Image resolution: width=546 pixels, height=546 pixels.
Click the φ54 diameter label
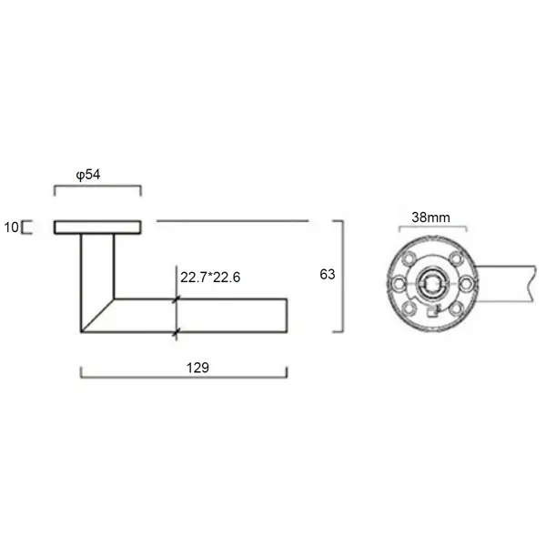tap(88, 175)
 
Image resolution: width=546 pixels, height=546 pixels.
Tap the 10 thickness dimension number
tap(11, 227)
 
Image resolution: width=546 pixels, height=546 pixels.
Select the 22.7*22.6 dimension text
tap(210, 278)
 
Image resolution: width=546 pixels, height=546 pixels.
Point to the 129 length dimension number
tap(197, 368)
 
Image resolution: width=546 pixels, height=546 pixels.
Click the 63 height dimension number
tap(328, 275)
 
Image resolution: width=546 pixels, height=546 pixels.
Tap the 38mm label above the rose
tap(430, 217)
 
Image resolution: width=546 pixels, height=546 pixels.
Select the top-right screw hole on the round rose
tap(456, 258)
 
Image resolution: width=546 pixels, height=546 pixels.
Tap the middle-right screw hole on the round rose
tap(466, 283)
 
